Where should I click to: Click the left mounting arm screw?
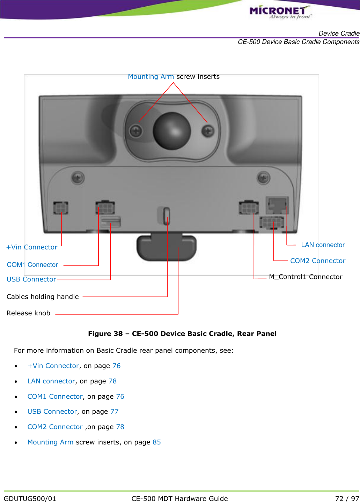[136, 131]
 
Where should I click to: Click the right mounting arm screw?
[208, 131]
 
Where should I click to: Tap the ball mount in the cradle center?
[172, 130]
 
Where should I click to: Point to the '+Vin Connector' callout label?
[32, 247]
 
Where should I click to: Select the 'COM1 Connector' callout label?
[32, 265]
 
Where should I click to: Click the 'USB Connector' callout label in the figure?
[31, 279]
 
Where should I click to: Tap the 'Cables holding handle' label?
[43, 297]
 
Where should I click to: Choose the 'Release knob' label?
[28, 313]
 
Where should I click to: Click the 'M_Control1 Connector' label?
[306, 277]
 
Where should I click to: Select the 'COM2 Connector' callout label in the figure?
[318, 261]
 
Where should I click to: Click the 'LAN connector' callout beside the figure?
[323, 245]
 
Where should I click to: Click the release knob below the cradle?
[166, 248]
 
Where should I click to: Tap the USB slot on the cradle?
[111, 222]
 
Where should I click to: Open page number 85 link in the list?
[157, 442]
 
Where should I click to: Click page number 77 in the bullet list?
[115, 412]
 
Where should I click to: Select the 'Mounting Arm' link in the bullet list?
[50, 442]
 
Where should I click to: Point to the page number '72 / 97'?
[347, 499]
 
